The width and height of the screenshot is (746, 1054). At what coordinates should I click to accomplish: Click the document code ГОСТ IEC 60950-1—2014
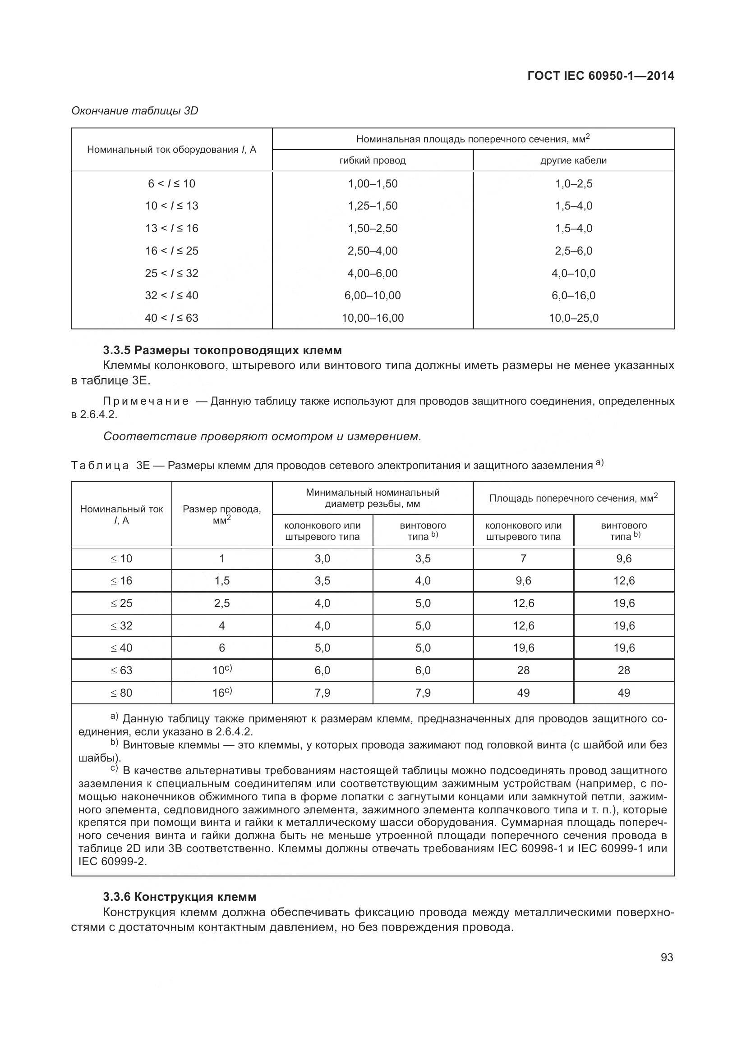(x=600, y=76)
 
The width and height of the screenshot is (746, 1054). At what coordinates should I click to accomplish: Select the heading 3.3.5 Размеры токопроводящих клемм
(x=222, y=350)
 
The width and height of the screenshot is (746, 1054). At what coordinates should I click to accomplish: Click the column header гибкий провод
(x=373, y=161)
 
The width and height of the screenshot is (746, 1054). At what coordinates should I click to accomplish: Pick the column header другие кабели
(x=573, y=161)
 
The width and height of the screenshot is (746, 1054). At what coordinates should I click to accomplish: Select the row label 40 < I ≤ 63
(x=171, y=318)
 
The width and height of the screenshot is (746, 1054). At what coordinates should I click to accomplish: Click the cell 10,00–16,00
(x=373, y=318)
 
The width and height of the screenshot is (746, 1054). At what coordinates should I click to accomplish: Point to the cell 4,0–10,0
(x=573, y=273)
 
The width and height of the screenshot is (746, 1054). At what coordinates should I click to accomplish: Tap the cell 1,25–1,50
(x=373, y=205)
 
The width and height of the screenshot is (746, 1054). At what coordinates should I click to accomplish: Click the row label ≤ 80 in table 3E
(x=121, y=693)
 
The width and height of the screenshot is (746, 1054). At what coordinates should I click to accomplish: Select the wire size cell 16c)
(x=222, y=692)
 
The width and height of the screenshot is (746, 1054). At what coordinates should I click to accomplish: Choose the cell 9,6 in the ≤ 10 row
(x=624, y=559)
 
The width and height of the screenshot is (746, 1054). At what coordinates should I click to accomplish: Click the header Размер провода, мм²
(x=222, y=514)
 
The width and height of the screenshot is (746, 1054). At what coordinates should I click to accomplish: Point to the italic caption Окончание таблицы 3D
(x=134, y=111)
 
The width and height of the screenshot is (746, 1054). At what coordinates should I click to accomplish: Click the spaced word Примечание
(x=146, y=401)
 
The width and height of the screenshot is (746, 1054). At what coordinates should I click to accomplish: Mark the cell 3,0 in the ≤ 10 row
(x=322, y=559)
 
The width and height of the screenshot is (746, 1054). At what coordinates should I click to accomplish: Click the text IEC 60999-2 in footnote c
(x=112, y=862)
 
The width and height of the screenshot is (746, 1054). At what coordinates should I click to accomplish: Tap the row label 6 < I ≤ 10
(x=171, y=183)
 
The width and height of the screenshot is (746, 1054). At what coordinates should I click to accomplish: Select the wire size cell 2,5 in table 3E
(x=222, y=603)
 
